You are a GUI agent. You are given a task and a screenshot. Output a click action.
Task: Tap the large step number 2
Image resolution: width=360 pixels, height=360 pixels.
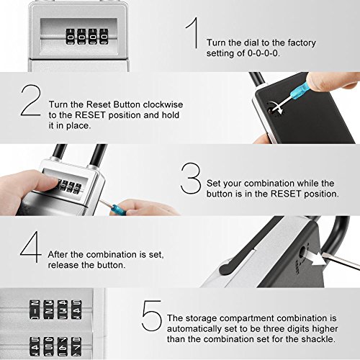[x=31, y=100]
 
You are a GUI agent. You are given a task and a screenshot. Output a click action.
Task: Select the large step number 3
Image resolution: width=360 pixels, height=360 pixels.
[x=191, y=178]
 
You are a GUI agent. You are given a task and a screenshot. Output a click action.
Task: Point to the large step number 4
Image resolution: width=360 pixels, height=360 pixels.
[x=30, y=247]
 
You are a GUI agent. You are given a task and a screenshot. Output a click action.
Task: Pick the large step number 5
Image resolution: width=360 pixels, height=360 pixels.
[x=151, y=315]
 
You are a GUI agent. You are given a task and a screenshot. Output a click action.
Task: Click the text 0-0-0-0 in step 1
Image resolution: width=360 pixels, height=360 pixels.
[x=264, y=53]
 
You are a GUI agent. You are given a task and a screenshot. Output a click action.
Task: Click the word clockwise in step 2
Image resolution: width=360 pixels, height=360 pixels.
[x=163, y=104]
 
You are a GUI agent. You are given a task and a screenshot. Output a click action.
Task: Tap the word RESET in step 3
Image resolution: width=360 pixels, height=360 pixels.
[x=286, y=194]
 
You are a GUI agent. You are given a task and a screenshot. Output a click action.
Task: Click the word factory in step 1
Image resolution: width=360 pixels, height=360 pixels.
[x=302, y=43]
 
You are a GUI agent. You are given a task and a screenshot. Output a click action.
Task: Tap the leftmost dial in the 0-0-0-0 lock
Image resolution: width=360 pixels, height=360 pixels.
[x=71, y=37]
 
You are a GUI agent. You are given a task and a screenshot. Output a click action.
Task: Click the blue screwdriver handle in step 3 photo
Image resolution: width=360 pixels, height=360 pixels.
[x=117, y=208]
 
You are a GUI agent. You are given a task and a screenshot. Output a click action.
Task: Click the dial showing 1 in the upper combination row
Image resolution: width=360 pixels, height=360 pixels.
[x=35, y=310]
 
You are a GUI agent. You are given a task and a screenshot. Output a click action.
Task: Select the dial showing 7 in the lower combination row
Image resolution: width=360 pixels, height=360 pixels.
[x=76, y=346]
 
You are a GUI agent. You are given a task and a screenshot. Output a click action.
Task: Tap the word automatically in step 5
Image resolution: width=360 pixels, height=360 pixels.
[x=194, y=329]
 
